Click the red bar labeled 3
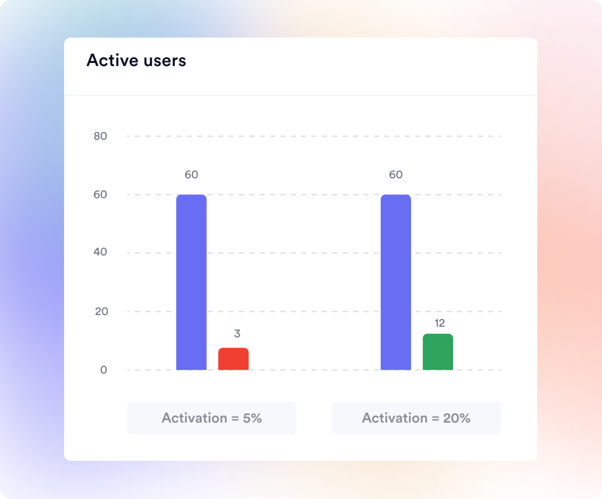coord(233,359)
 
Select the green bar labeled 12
coord(438,352)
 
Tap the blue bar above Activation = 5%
coord(191,282)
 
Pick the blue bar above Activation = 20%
coord(396,282)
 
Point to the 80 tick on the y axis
coord(100,136)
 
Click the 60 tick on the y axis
coord(100,195)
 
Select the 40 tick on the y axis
coord(100,252)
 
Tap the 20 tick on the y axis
coord(101,311)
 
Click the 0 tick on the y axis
coord(104,370)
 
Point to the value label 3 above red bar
coord(237,334)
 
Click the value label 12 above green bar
coord(440,323)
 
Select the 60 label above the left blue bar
coord(191,175)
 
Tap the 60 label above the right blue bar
coord(396,175)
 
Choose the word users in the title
coord(165,61)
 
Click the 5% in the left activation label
coord(252,418)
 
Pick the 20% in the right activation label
coord(457,418)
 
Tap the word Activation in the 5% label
coord(194,418)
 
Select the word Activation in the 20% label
coord(394,418)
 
